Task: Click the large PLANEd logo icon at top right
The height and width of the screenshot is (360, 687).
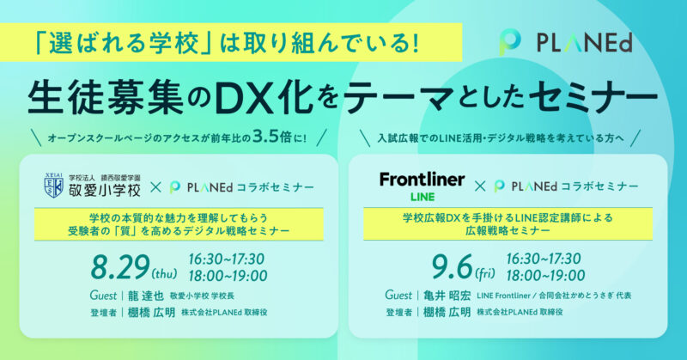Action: click(509, 43)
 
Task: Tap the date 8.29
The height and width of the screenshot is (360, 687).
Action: click(120, 267)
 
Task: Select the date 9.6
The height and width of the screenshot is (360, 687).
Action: click(453, 267)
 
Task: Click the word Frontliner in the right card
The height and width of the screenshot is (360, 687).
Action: click(422, 180)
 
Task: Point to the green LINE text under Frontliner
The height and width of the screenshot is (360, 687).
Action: click(423, 197)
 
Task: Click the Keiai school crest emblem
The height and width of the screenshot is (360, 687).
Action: click(54, 186)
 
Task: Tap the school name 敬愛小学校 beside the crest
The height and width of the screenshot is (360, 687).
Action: click(105, 190)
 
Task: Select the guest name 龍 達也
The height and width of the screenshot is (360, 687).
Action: click(146, 296)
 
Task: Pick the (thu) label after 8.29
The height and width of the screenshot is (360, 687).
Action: click(164, 274)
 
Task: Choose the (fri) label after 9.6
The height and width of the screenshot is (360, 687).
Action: click(485, 273)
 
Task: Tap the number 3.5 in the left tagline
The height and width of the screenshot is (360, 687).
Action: click(266, 137)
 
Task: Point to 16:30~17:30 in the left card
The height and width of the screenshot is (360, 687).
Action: click(227, 259)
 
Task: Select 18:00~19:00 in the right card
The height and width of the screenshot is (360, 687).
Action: click(545, 276)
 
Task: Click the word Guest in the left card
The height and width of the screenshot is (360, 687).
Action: click(103, 296)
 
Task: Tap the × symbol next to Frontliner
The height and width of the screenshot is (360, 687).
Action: click(480, 186)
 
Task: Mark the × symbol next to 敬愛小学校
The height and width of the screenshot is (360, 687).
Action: click(156, 187)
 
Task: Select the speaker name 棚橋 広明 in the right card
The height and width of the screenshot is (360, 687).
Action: click(447, 312)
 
